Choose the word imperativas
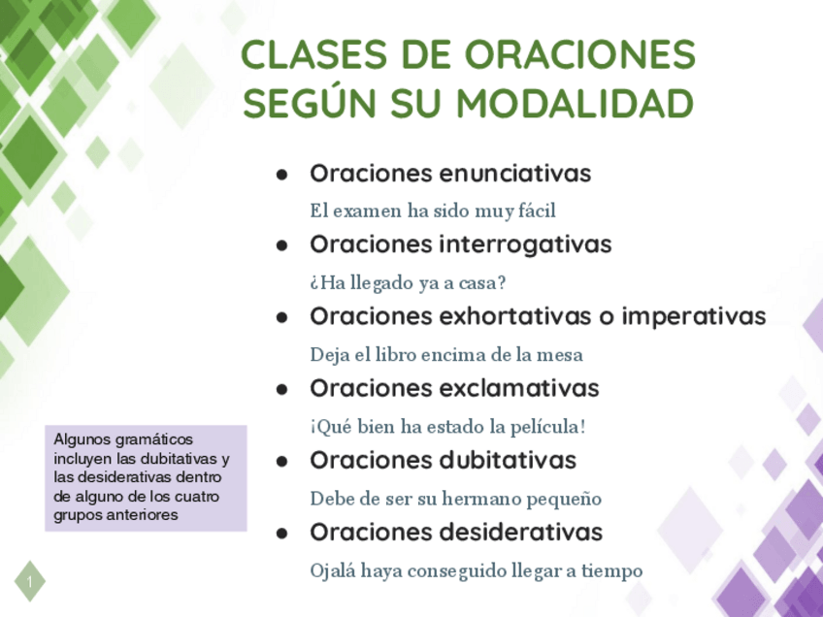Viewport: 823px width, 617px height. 694,317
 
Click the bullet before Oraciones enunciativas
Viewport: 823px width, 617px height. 282,175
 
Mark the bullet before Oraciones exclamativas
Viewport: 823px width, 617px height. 282,390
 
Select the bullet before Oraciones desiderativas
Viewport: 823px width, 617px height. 282,534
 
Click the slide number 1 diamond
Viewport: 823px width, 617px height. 30,581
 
